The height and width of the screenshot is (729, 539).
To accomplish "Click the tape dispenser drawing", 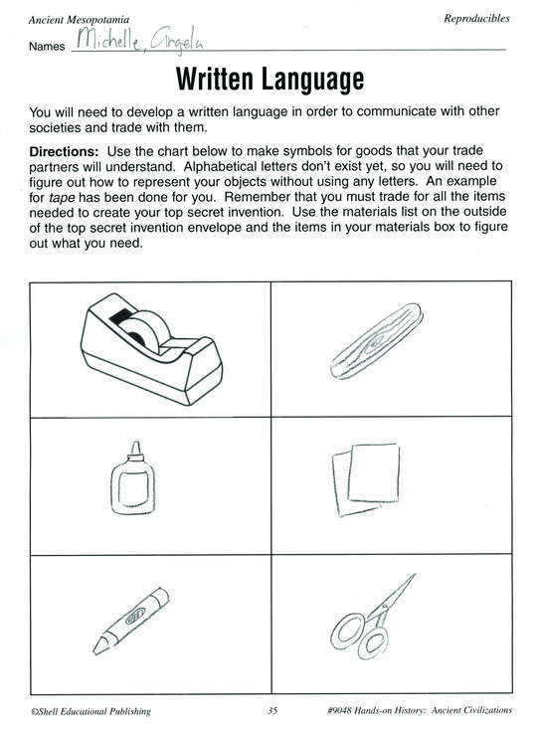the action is [x=151, y=349].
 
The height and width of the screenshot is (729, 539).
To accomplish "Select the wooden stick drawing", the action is [x=376, y=341].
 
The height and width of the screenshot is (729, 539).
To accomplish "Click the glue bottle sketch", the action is [x=132, y=478].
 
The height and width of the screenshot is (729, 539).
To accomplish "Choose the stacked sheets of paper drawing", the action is [x=366, y=478].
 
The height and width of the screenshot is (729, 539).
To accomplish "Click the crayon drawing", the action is [x=130, y=621].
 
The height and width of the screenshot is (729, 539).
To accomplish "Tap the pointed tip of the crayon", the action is [x=95, y=650].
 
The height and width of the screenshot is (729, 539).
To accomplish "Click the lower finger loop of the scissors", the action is [x=373, y=643].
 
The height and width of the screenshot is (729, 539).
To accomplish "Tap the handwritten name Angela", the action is [x=177, y=41].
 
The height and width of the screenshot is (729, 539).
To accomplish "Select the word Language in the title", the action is [x=312, y=80].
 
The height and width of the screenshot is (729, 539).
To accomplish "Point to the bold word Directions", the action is [x=65, y=151].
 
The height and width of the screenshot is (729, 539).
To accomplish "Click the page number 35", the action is [x=272, y=710].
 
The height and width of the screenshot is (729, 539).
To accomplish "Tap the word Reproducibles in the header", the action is [x=476, y=19].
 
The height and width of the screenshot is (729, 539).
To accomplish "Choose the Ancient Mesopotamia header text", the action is [x=79, y=20].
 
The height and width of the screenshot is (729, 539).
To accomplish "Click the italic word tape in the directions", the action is [x=62, y=198].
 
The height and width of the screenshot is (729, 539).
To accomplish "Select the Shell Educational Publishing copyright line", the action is [x=90, y=711].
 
